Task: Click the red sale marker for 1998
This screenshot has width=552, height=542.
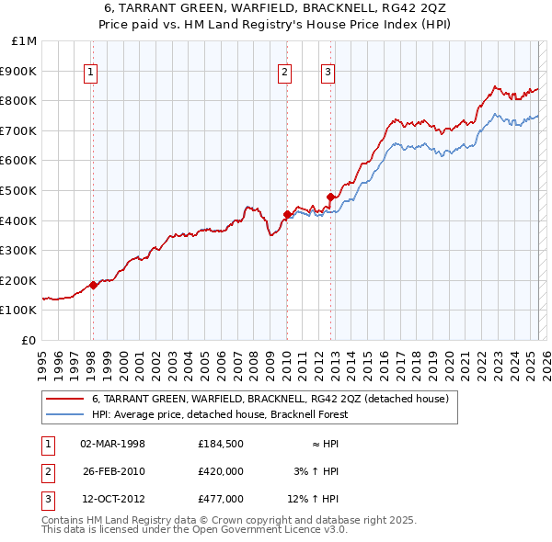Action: point(93,285)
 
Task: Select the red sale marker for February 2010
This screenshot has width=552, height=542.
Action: point(287,215)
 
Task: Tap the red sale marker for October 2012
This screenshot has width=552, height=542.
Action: point(329,197)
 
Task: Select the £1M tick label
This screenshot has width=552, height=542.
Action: point(25,41)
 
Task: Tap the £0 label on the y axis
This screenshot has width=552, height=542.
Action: point(29,340)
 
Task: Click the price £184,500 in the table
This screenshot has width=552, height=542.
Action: point(221,444)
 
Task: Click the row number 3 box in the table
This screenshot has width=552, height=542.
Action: point(46,499)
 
